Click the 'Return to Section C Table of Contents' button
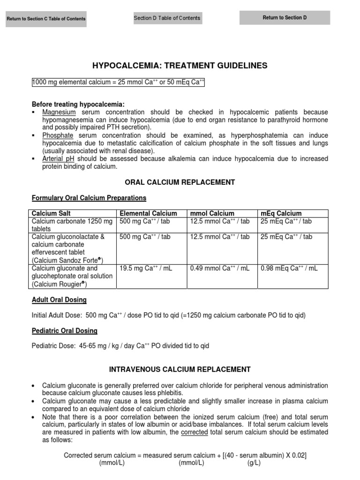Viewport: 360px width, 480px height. pyautogui.click(x=46, y=19)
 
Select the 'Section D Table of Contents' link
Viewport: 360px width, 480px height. pyautogui.click(x=167, y=18)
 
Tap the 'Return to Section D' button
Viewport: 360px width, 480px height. pyautogui.click(x=285, y=18)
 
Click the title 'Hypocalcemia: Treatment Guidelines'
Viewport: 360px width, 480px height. pyautogui.click(x=180, y=66)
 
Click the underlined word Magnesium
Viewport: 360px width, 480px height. pyautogui.click(x=59, y=112)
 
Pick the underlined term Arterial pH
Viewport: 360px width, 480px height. pyautogui.click(x=58, y=158)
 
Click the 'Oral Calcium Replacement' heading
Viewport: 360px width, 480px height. pyautogui.click(x=180, y=182)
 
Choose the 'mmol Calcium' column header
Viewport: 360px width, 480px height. pyautogui.click(x=212, y=213)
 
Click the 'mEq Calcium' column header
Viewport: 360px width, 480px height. pyautogui.click(x=281, y=213)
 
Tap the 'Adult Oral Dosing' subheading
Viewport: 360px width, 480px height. pyautogui.click(x=59, y=300)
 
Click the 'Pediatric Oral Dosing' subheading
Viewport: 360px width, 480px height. pyautogui.click(x=64, y=330)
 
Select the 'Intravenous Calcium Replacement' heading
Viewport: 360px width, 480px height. pyautogui.click(x=180, y=369)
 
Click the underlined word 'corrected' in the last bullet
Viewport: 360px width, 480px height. pyautogui.click(x=194, y=432)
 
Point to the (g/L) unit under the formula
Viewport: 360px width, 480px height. pyautogui.click(x=254, y=463)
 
